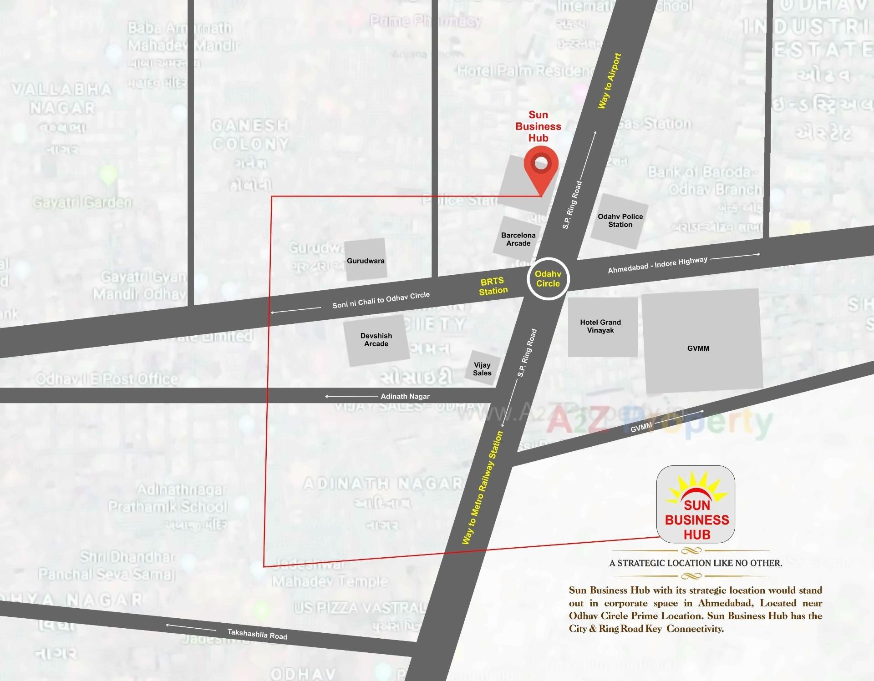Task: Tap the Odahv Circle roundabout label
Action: click(548, 279)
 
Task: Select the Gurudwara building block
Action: click(366, 260)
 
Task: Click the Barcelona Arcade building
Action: click(518, 240)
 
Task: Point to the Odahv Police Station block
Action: click(620, 221)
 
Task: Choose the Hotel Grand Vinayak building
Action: click(600, 326)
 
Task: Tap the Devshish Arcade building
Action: click(376, 340)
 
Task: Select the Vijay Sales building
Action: click(482, 369)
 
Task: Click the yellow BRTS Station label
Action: click(493, 286)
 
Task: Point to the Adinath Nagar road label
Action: click(405, 396)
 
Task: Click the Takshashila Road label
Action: click(257, 634)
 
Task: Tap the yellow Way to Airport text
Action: click(610, 81)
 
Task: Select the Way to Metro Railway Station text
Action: click(483, 488)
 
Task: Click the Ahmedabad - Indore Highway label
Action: click(657, 265)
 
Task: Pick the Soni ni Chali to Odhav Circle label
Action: click(381, 300)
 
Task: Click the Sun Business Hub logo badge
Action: click(696, 504)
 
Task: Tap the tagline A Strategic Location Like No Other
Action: click(696, 563)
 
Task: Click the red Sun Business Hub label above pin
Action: click(538, 126)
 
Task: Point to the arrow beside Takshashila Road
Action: click(191, 627)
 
